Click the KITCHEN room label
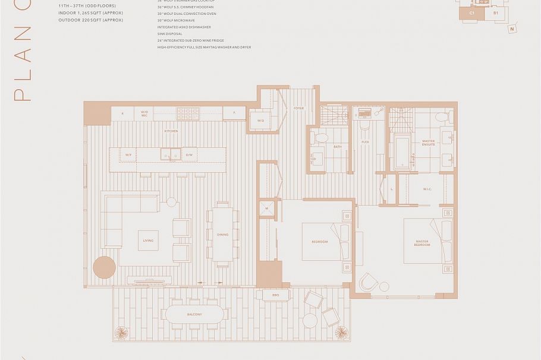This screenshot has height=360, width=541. coord(171,131)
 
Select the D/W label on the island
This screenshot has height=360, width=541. coord(189,155)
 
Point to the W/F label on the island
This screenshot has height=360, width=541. coord(128,155)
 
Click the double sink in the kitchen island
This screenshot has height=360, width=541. coord(170,155)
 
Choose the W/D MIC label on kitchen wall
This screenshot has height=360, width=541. coord(144,113)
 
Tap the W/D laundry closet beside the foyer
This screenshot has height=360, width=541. coord(261,121)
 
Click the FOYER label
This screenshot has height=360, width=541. coord(298,108)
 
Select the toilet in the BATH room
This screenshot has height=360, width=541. coord(321,137)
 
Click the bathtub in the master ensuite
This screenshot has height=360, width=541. coord(401,151)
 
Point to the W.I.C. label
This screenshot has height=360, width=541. coord(426,191)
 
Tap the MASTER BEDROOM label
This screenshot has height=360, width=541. coord(423,244)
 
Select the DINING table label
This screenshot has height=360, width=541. coord(223,235)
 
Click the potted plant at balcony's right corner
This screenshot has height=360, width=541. coord(341,333)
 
